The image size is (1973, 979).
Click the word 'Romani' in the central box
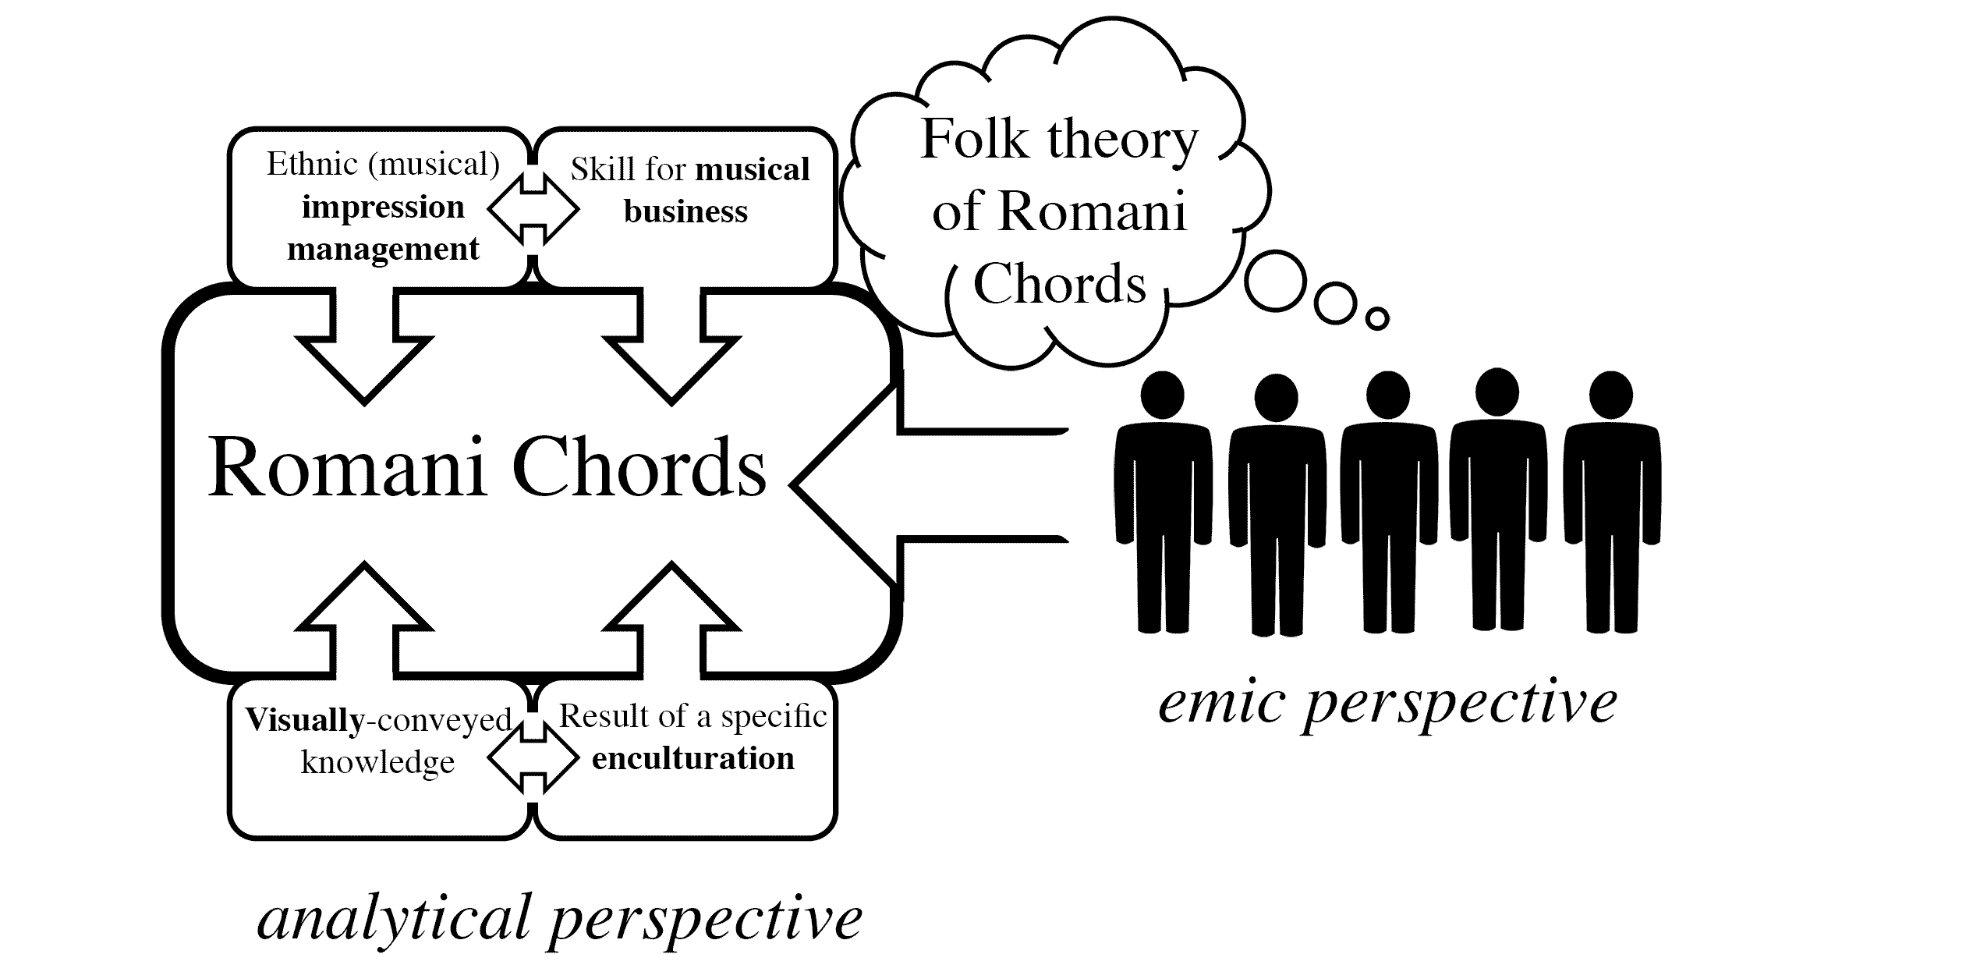pos(347,468)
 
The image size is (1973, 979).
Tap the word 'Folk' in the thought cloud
pos(974,140)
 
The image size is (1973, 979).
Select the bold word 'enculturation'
pos(692,759)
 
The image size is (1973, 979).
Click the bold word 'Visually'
pos(304,720)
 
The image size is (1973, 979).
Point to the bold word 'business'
pos(685,212)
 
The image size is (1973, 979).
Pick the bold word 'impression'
pos(383,208)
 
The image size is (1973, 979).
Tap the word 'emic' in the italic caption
pos(1221,703)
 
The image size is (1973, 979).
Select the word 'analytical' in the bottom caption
pos(394,919)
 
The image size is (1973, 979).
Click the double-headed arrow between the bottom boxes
pos(533,757)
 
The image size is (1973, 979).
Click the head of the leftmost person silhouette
pos(1162,396)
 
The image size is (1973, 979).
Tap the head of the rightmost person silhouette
pos(1610,396)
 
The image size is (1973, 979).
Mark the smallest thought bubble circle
pos(1377,318)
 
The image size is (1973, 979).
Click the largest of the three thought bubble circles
pos(1276,282)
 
